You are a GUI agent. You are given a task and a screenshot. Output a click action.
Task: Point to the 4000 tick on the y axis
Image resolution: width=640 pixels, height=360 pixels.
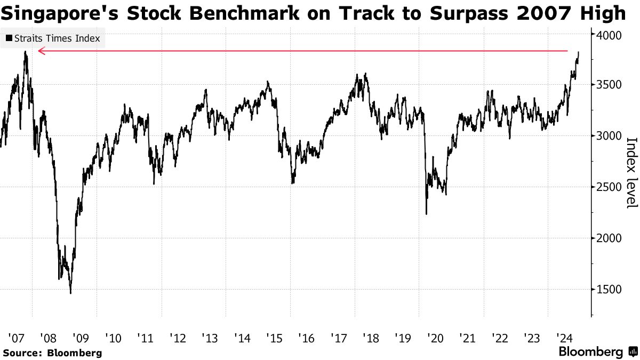[x=607, y=35]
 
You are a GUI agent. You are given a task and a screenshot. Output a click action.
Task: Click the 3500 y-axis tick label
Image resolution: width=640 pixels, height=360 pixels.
[x=607, y=85]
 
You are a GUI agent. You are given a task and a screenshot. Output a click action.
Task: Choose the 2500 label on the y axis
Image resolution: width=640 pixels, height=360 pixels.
[x=607, y=187]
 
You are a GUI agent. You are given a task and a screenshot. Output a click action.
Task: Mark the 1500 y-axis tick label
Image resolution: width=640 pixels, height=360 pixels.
[x=607, y=290]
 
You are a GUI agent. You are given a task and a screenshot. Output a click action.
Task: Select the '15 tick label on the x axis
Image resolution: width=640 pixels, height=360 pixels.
[x=274, y=338]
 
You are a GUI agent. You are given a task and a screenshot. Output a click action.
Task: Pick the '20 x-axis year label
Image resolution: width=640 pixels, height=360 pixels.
[x=436, y=338]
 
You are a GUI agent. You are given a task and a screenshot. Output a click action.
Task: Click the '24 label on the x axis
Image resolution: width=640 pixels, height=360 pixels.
[x=564, y=338]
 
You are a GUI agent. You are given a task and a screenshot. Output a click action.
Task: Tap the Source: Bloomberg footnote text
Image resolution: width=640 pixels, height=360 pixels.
[x=52, y=353]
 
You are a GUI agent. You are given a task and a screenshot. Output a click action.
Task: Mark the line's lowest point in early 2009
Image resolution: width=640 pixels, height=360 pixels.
[x=70, y=292]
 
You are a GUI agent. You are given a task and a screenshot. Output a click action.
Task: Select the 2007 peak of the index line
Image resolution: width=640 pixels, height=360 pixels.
[x=25, y=52]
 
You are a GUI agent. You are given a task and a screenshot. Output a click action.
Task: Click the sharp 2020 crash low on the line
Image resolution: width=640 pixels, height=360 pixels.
[x=426, y=214]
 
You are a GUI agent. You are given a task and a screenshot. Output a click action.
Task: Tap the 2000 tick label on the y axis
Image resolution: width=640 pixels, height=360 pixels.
[x=607, y=238]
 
